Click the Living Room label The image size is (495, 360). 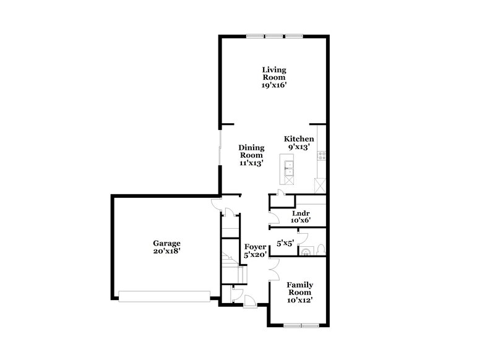click(273, 74)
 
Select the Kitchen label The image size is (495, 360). click(299, 139)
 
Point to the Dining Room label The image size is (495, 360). click(252, 152)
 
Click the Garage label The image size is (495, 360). click(167, 243)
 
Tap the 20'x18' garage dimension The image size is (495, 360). click(167, 251)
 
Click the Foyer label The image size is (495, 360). click(255, 246)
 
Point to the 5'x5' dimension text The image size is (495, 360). click(285, 244)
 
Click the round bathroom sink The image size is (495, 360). click(305, 251)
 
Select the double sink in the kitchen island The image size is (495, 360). click(288, 165)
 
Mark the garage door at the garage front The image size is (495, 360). click(164, 296)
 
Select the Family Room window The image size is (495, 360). click(300, 325)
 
